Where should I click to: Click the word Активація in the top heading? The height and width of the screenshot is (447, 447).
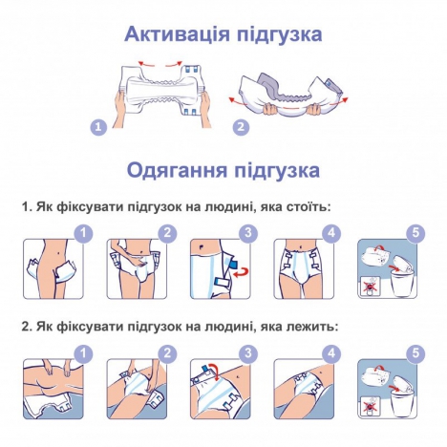pos(177,34)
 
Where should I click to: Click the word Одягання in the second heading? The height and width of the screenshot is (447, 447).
pos(177,170)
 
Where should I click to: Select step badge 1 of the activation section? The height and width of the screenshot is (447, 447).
pos(98,127)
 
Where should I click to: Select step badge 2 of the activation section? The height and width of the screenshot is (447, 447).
pos(241,127)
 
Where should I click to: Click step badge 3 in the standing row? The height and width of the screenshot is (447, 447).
pos(248,233)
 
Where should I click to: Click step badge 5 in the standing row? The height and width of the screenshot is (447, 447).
pos(416,233)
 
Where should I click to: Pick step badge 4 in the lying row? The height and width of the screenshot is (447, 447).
pos(331,352)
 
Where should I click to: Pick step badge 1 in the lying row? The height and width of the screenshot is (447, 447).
pos(83,352)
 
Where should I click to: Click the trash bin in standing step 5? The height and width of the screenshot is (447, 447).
pos(401,284)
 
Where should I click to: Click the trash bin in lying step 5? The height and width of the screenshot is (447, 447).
pos(401,403)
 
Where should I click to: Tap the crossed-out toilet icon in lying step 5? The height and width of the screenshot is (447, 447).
pos(370,407)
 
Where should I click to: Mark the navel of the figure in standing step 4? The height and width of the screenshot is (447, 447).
pos(302,246)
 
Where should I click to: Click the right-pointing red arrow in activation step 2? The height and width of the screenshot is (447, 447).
pos(341,101)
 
